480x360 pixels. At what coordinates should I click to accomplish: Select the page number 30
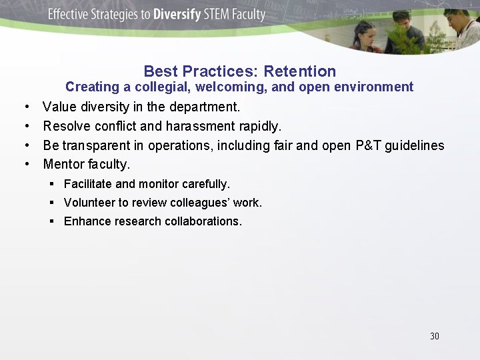coord(435,336)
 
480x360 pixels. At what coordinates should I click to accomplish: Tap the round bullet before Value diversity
coord(25,107)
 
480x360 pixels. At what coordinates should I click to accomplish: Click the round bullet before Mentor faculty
coord(25,164)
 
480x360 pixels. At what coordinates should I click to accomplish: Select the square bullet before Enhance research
coord(52,221)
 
